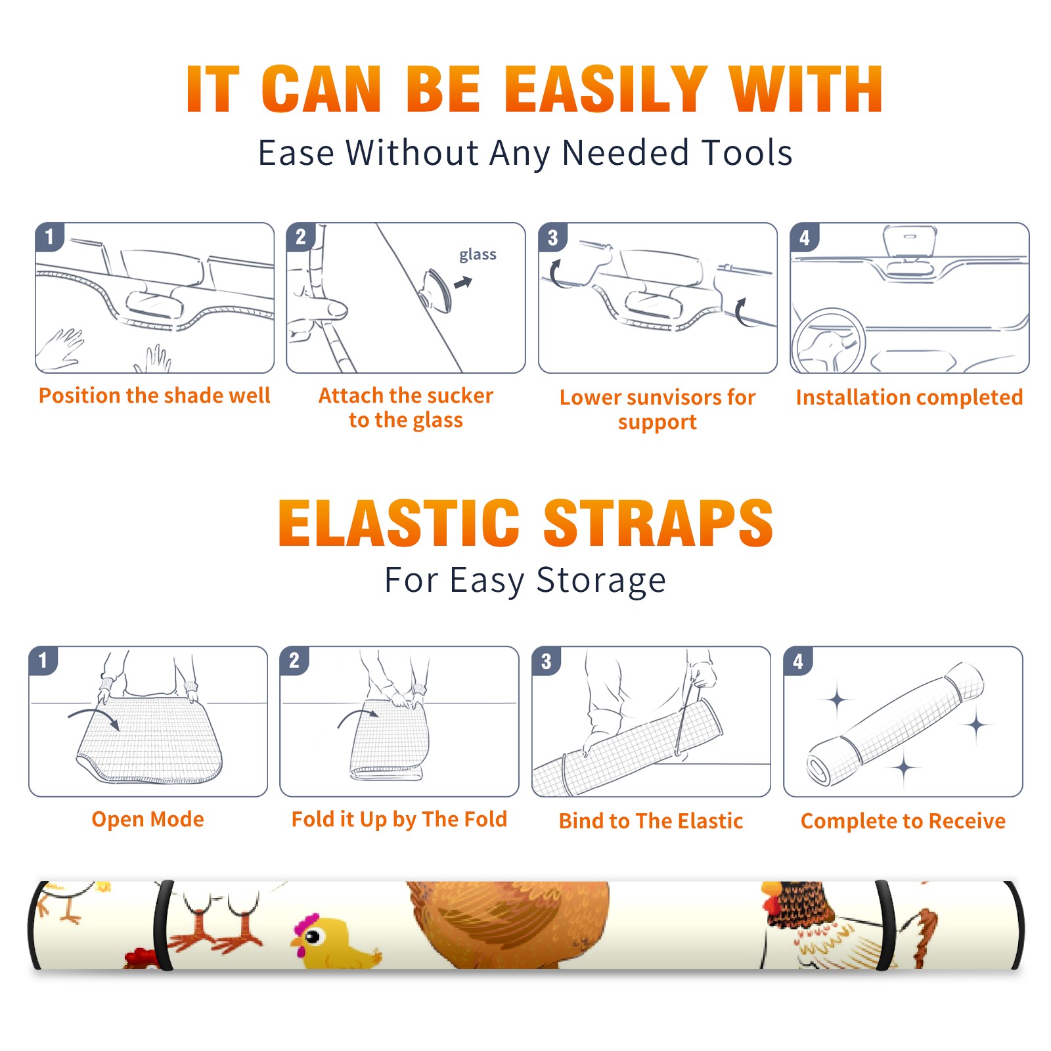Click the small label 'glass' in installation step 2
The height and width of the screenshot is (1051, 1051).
pos(478,255)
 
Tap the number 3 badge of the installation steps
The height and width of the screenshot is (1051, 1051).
pos(552,237)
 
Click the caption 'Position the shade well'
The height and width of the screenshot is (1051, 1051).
pos(154,395)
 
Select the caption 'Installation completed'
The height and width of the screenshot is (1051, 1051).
pos(910,397)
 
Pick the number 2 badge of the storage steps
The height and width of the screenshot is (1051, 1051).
pos(294,660)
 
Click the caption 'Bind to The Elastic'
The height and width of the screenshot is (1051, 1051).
pos(651,821)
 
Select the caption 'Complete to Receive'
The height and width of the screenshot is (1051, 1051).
pos(903,821)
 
